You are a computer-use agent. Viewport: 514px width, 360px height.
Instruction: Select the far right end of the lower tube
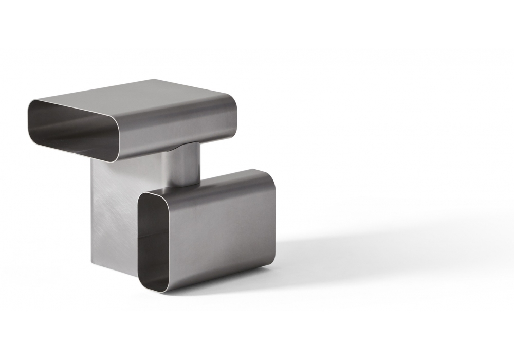274,216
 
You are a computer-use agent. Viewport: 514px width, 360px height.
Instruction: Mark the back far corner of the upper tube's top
154,80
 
